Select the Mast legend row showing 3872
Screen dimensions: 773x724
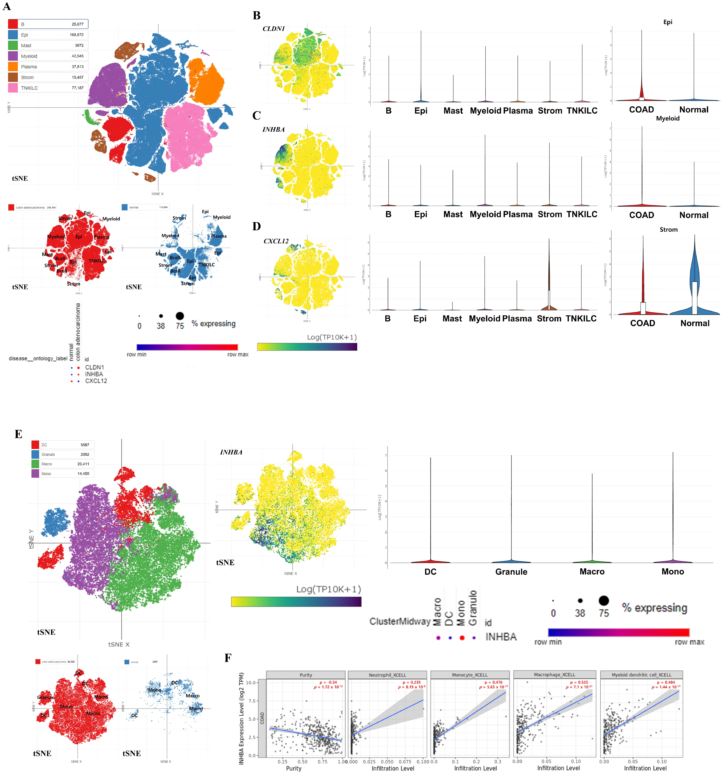47,45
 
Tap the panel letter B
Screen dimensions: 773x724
256,16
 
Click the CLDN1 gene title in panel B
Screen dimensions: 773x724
274,29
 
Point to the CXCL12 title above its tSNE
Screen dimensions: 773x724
276,241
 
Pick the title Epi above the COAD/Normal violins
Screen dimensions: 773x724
668,22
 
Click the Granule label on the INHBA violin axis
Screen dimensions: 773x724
511,572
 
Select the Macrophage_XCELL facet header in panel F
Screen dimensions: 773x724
554,675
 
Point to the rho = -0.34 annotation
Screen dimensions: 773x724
328,682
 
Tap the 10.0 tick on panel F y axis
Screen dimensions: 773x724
251,683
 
